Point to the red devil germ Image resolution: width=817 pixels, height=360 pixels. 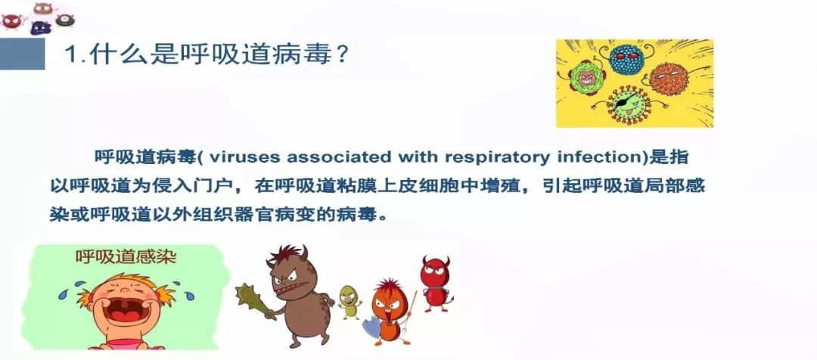pos(434,283)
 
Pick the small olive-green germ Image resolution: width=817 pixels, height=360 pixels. pos(349,302)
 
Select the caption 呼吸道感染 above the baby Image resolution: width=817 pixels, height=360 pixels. pos(126,256)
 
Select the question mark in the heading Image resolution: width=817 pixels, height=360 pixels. pos(341,54)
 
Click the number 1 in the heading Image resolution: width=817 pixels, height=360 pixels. pos(71,54)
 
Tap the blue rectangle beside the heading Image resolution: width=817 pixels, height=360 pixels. pos(23,54)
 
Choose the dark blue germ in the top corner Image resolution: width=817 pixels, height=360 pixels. pos(41,27)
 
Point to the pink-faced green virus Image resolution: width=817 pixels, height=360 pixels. pos(586,78)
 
